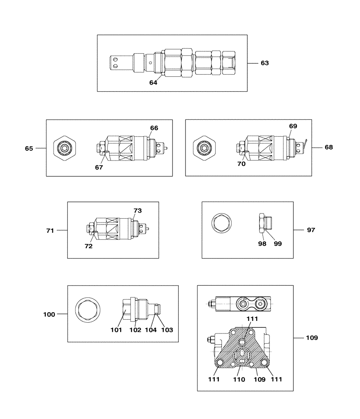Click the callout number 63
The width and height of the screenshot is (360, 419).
[x=265, y=63]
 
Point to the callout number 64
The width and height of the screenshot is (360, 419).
[x=153, y=83]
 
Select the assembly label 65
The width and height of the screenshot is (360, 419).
[x=29, y=148]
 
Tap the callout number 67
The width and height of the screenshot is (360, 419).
[x=99, y=167]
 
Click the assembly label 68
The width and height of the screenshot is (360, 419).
[x=329, y=147]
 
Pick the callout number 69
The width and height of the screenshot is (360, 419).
[x=293, y=126]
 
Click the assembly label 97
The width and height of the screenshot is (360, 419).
[x=311, y=230]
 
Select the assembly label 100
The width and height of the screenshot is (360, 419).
[x=49, y=314]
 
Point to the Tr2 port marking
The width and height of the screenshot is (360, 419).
[x=260, y=300]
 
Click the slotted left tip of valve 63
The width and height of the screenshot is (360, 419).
[x=114, y=63]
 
